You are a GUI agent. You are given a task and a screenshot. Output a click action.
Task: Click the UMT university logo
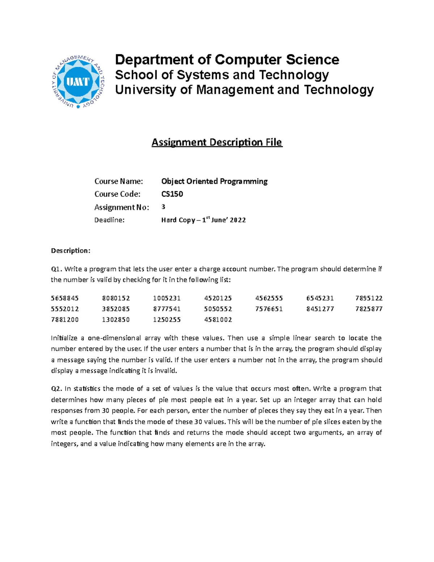point(78,82)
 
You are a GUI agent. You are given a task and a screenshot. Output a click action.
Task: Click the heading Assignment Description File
point(217,142)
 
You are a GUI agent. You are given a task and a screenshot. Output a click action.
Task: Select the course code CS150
point(172,194)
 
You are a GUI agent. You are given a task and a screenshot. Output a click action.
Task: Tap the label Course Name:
point(119,181)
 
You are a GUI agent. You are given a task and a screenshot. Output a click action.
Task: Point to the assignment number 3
point(163,207)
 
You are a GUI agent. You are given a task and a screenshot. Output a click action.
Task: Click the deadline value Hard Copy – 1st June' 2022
point(203,220)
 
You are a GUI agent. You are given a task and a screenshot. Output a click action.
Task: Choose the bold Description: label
point(71,250)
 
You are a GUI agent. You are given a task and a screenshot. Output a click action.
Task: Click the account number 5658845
point(65,298)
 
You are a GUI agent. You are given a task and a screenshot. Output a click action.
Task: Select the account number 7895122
point(369,298)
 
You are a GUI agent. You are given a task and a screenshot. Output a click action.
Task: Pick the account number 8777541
point(167,309)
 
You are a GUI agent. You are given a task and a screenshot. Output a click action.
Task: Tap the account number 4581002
point(218,320)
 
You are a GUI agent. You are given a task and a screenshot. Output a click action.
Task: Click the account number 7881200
point(65,320)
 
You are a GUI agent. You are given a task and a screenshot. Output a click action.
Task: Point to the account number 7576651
point(269,309)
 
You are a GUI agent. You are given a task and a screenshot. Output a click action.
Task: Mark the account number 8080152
point(116,298)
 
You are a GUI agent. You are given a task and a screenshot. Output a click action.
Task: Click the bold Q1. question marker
point(57,269)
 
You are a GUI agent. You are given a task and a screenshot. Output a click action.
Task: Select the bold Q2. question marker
point(57,389)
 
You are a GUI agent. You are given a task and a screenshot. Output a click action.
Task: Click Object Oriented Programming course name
point(214,181)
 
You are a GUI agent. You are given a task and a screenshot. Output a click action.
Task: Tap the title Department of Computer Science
point(227,59)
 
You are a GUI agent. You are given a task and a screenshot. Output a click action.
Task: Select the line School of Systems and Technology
point(222,75)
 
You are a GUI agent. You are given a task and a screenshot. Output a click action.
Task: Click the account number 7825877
point(369,309)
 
